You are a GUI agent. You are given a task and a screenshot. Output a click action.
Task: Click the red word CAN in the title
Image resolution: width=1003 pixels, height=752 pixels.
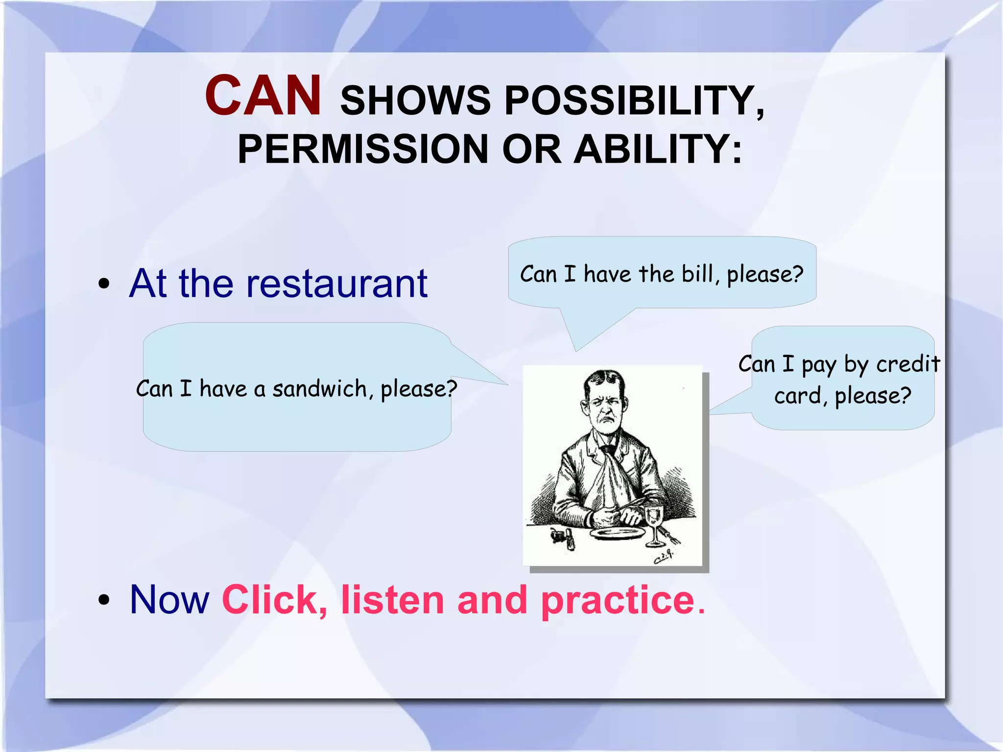263,96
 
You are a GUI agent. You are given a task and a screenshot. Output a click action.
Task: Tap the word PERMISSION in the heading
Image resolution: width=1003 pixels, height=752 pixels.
363,149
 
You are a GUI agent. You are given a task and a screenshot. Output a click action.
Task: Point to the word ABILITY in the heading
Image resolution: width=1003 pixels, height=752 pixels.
658,149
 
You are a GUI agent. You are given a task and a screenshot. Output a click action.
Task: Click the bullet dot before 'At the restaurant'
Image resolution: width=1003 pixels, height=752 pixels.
103,284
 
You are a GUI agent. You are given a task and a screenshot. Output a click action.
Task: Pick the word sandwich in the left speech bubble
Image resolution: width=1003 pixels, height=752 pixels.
319,389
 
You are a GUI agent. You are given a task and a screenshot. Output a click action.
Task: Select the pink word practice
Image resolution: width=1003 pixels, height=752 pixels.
618,601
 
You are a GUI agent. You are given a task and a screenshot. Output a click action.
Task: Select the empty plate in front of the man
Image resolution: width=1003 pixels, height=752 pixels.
617,533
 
